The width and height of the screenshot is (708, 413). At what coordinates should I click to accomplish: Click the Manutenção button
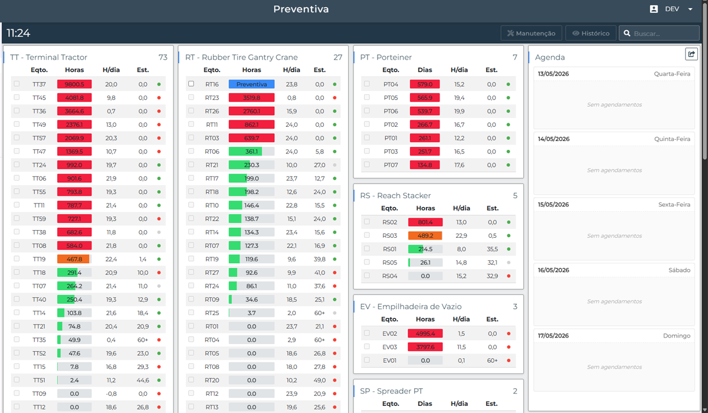pos(532,33)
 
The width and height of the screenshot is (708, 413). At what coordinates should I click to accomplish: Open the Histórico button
pos(591,33)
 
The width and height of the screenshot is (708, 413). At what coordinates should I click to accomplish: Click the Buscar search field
pos(659,33)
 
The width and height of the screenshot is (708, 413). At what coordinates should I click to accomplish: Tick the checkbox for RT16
pos(191,84)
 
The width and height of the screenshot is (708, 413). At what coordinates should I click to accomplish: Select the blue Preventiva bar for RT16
pos(251,84)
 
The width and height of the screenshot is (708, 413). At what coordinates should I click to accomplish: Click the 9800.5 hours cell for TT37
pos(74,84)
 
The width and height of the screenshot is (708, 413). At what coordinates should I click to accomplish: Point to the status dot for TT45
pos(159,97)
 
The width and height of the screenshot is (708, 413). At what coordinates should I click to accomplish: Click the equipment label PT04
pos(391,84)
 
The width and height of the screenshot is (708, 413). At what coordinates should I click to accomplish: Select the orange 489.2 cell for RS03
pos(425,235)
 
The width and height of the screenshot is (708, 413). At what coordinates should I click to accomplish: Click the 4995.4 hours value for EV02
pos(425,333)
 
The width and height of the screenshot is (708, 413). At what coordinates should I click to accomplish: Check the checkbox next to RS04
pos(366,275)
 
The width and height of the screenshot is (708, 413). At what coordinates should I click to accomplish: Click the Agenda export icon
pos(691,54)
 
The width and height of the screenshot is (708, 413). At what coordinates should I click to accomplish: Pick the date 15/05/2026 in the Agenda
pos(553,205)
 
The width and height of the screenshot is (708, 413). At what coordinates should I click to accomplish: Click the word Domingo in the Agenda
pos(677,336)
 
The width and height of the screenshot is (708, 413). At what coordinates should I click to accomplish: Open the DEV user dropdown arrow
pos(690,9)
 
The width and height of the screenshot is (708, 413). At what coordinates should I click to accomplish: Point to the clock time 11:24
pos(18,33)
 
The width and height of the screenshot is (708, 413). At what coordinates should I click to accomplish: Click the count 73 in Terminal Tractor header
pos(163,57)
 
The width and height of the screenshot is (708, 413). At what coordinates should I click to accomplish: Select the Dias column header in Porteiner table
pos(425,70)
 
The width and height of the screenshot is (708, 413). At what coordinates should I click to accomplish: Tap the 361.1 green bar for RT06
pos(251,152)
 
